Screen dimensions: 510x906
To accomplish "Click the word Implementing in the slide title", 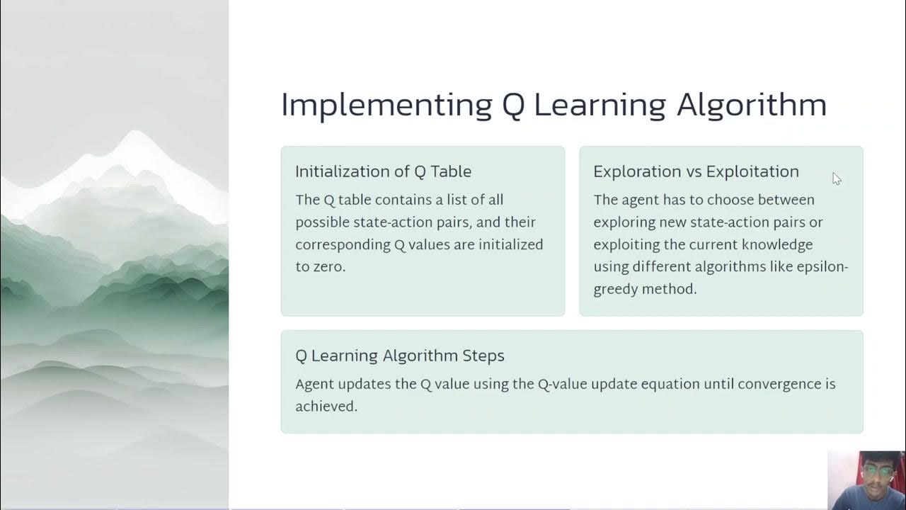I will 386,105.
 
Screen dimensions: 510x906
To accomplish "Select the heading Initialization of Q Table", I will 383,171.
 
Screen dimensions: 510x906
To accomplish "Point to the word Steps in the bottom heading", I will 485,356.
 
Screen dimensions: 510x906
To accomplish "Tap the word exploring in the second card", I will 624,222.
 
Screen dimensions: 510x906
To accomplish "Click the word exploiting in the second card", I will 626,244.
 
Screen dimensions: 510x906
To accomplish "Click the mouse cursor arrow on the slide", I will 836,178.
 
